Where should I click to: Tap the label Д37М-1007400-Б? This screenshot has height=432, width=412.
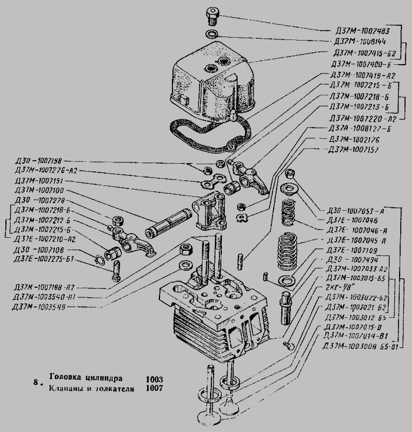pos(361,64)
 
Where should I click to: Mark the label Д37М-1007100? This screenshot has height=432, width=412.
pos(41,191)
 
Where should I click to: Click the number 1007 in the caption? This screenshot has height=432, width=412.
pos(155,388)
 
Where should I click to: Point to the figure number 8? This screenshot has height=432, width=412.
pos(36,383)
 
